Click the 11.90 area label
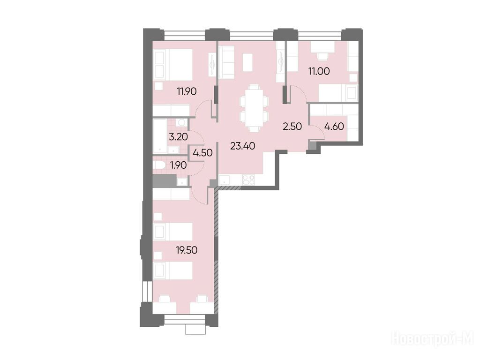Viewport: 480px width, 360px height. coord(187,91)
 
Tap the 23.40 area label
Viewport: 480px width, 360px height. coord(243,146)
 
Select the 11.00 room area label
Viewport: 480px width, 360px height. coord(319,71)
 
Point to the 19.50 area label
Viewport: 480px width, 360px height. coord(187,250)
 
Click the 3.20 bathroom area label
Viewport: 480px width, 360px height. coord(178,136)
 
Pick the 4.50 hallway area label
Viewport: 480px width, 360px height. coord(202,152)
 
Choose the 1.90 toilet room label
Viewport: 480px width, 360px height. coord(179,165)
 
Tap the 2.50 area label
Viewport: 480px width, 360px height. coord(292,127)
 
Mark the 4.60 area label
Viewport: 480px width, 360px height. coord(334,127)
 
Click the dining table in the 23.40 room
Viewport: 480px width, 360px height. coord(254,108)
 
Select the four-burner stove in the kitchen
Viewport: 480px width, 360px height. coord(248,180)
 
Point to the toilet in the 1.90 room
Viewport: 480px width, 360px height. coord(159,165)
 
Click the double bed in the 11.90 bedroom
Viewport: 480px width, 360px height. coord(173,64)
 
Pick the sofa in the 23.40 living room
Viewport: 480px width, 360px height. coord(227,62)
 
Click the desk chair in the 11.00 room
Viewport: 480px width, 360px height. coord(322,57)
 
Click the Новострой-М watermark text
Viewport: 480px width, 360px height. coord(433,339)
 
